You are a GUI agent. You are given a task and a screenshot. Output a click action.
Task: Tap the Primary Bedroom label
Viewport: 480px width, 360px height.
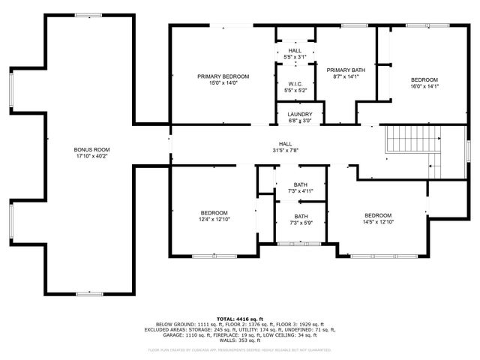pos(223,76)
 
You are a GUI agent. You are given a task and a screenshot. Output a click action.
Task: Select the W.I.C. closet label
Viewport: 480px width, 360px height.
pos(295,84)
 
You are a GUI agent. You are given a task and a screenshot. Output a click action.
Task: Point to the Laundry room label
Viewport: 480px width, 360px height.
pos(299,114)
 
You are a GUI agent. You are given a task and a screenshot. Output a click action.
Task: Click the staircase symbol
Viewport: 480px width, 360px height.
pos(412,142)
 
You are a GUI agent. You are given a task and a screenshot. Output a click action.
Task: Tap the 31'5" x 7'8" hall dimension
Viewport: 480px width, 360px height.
pos(286,150)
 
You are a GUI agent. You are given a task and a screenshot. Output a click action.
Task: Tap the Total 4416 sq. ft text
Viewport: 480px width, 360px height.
pos(239,318)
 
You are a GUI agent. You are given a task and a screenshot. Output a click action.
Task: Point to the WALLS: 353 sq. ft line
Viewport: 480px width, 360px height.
pos(239,340)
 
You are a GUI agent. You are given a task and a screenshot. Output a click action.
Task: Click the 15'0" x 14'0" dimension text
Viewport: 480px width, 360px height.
pos(223,82)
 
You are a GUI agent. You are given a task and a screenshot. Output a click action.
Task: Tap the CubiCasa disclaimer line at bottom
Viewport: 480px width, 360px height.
pos(239,349)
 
